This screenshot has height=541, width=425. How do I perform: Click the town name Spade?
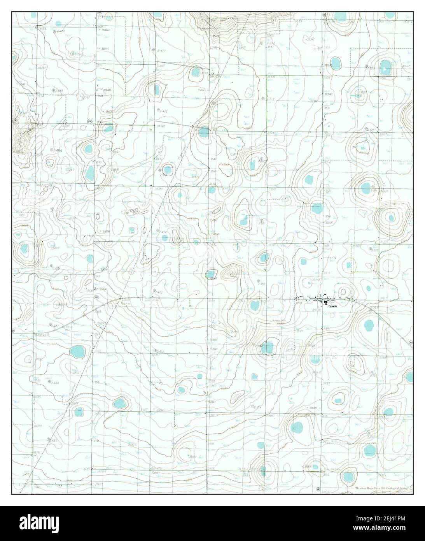coord(332,306)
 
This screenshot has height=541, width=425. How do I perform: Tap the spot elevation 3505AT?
coord(330,223)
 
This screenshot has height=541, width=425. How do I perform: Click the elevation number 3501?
coord(38,380)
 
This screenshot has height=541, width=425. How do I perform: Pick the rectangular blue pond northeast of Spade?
coord(349,265)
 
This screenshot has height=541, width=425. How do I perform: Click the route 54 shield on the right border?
coord(411,342)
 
